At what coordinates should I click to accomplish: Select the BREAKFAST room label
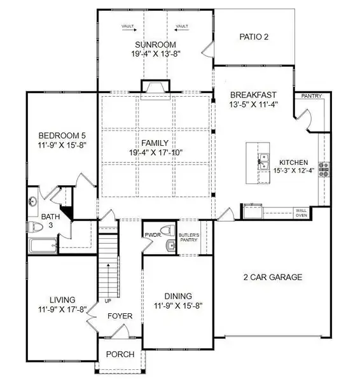(x=254, y=92)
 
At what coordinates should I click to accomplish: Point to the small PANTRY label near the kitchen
(x=312, y=97)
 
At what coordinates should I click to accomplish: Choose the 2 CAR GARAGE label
(x=272, y=277)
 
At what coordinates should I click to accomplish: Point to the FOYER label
(x=119, y=316)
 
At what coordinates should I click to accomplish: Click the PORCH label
(x=119, y=355)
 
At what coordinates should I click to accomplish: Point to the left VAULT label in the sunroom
(x=128, y=26)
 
